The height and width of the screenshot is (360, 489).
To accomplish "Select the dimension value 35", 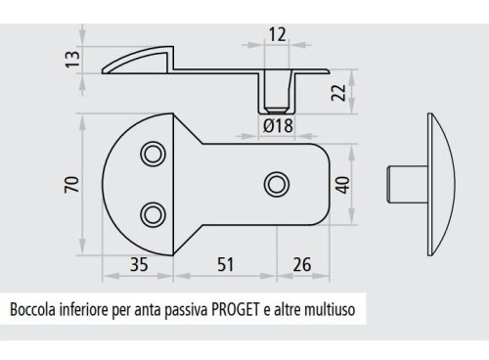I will [x=139, y=265].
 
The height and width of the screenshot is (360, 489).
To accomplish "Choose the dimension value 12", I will [x=278, y=34].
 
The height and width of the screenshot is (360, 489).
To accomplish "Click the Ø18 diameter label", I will [x=279, y=124].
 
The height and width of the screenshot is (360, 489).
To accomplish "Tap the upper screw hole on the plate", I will [x=152, y=154].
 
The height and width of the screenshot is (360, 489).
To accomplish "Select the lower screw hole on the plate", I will [x=152, y=212].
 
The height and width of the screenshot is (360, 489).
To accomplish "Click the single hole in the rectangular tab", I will [x=277, y=183].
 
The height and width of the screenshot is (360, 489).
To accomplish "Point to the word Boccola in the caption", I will [x=34, y=311].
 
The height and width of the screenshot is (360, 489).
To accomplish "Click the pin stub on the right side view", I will [x=404, y=183].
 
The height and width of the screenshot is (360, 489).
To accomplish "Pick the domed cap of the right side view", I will [x=435, y=183].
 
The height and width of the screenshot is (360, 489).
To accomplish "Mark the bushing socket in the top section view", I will [x=278, y=94].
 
